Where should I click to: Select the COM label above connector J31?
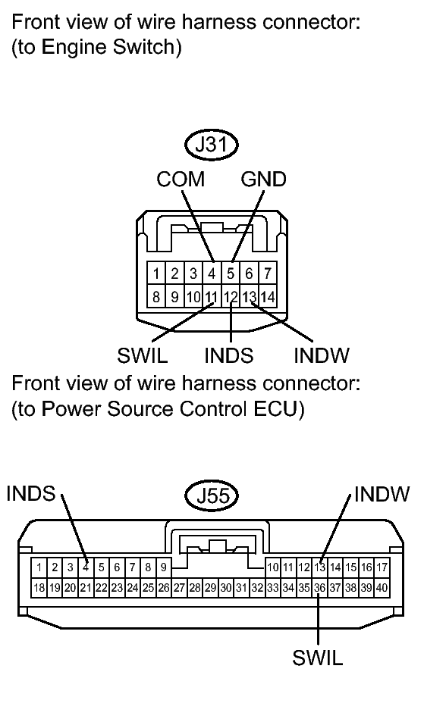181,180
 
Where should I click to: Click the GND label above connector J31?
263,180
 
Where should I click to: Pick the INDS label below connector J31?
228,355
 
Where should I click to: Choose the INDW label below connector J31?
321,355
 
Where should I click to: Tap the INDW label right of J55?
382,494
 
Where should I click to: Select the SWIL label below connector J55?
318,657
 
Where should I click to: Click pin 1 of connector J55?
38,567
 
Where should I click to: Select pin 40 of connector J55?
383,587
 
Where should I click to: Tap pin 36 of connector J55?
320,587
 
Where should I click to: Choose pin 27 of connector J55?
179,587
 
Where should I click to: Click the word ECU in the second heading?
278,410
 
